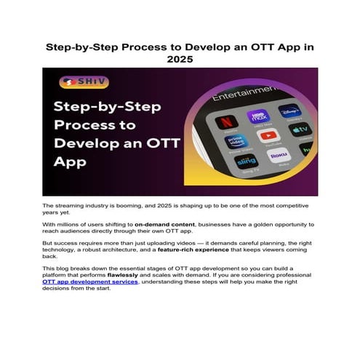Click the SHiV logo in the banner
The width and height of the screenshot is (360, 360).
point(73,82)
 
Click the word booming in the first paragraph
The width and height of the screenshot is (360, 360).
point(134,207)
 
